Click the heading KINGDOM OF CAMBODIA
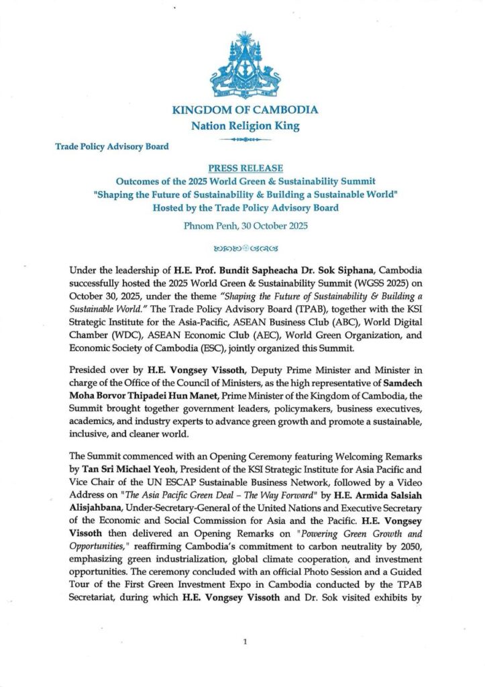pos(245,110)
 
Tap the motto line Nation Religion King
pos(244,125)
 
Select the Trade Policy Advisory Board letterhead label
pos(111,146)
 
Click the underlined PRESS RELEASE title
pos(245,168)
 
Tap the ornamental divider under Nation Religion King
pos(245,139)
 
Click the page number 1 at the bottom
pos(245,642)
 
